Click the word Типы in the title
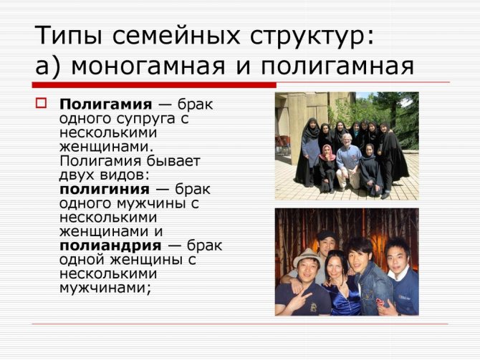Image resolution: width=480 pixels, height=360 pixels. click(68, 37)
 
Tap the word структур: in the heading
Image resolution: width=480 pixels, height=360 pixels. click(312, 37)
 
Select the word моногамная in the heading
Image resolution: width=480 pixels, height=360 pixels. click(148, 66)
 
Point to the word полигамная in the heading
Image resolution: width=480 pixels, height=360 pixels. click(337, 66)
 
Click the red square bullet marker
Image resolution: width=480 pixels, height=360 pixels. click(41, 103)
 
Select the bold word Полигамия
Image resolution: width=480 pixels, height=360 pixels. click(105, 104)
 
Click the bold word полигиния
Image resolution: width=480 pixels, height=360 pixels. click(105, 190)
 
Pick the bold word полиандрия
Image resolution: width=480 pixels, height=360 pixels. click(110, 245)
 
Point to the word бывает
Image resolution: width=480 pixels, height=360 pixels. click(173, 161)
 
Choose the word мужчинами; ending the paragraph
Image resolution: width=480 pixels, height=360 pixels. click(105, 288)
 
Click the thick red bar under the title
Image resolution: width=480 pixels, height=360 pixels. click(154, 85)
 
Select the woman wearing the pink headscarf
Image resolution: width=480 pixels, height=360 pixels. click(327, 168)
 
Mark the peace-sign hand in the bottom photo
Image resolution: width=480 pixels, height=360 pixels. click(299, 300)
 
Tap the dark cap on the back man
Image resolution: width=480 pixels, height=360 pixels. click(327, 235)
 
